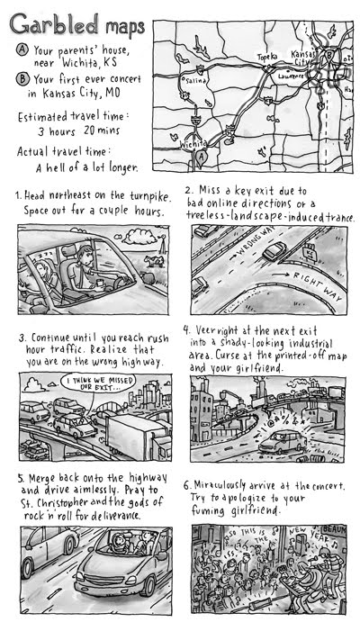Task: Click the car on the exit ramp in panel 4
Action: point(280,440)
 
